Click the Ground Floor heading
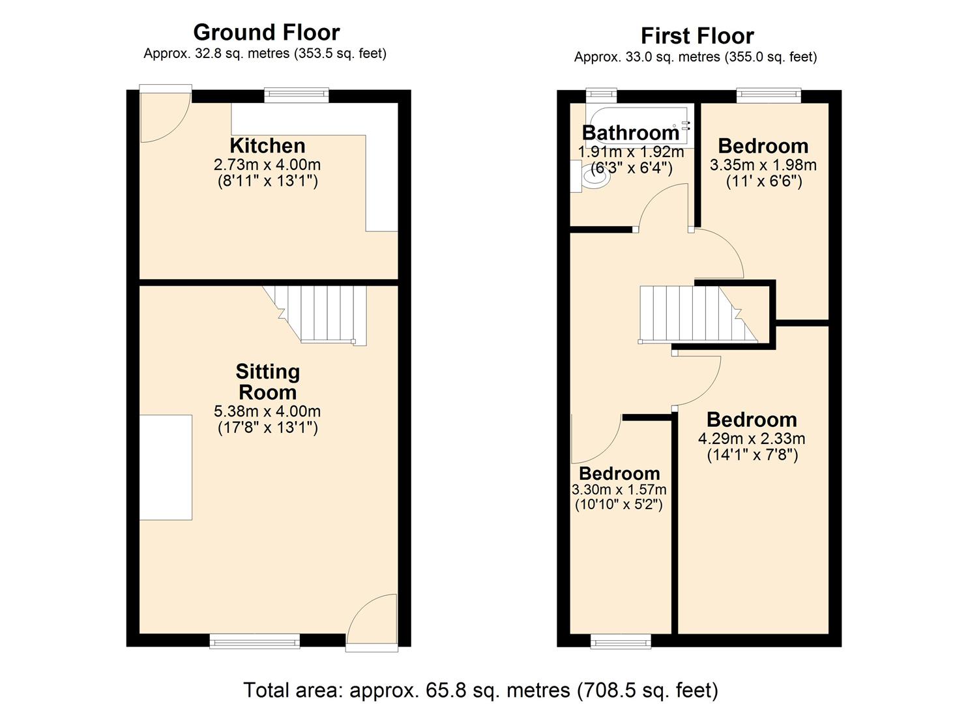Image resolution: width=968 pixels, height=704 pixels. click(x=266, y=32)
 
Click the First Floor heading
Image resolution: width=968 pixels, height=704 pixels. click(x=697, y=35)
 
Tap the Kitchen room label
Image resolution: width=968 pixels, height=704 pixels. click(x=267, y=145)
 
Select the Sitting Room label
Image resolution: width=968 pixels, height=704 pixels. click(x=267, y=382)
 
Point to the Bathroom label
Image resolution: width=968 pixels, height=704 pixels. click(x=630, y=132)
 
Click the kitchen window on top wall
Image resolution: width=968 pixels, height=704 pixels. click(x=296, y=96)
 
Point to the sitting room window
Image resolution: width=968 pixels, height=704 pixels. click(x=254, y=641)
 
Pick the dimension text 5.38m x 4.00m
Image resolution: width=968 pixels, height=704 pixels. click(x=267, y=411)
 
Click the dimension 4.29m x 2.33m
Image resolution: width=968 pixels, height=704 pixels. click(x=752, y=439)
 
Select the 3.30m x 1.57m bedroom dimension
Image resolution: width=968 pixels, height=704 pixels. click(x=619, y=490)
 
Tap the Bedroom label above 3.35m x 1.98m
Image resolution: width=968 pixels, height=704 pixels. click(x=763, y=145)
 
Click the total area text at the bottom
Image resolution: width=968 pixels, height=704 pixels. click(x=480, y=690)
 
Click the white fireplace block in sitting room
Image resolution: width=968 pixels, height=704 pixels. click(x=166, y=467)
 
